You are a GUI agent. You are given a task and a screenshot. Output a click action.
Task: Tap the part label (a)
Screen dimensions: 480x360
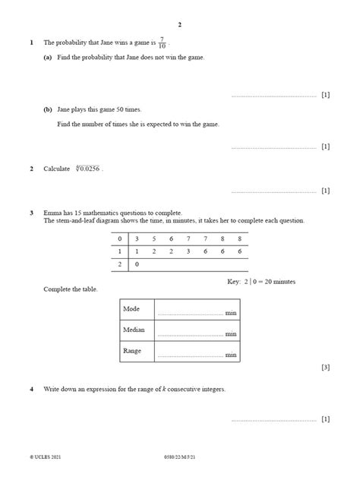(48, 57)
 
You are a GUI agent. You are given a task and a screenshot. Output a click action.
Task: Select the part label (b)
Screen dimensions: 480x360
(48, 109)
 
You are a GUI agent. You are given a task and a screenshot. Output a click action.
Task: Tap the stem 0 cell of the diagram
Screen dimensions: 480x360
(119, 238)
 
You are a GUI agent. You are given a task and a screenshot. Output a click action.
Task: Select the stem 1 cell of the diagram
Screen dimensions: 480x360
(119, 251)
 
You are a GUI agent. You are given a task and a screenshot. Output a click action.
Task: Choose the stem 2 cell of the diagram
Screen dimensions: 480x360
(119, 264)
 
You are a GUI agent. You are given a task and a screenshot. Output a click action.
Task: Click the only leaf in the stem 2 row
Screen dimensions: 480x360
(137, 264)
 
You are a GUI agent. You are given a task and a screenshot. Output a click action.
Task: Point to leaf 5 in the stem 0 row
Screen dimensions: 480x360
(153, 238)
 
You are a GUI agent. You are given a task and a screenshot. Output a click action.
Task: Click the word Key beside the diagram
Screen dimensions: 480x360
(233, 282)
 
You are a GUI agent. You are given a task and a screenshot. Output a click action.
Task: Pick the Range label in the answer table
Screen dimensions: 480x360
(132, 351)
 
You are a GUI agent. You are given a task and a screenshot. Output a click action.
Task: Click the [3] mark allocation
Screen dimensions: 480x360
(325, 368)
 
